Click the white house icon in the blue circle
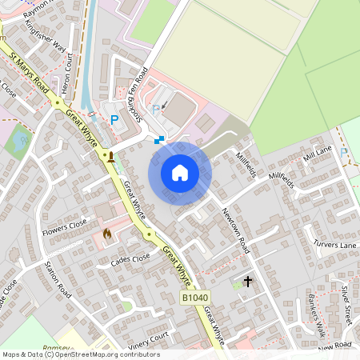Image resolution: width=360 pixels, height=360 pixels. point(180,173)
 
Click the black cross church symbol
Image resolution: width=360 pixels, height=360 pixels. point(248,282)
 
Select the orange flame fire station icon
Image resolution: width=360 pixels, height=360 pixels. point(106,234)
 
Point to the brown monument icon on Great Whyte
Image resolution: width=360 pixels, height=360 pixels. point(111,156)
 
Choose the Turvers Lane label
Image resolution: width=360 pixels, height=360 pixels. point(334,244)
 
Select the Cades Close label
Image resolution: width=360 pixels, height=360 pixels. point(130,258)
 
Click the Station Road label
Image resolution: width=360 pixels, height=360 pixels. point(58,279)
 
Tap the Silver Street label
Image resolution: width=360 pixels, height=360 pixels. point(346,302)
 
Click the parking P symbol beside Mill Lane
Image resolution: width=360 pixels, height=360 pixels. point(344,153)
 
